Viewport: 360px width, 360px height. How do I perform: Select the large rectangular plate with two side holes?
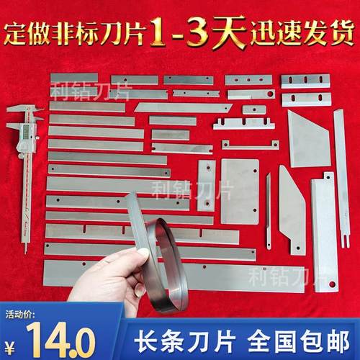239,192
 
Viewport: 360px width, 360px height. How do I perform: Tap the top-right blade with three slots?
305,81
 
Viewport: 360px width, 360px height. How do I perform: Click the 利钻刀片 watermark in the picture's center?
178,189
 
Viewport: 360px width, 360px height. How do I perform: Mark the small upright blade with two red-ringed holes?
206,185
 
